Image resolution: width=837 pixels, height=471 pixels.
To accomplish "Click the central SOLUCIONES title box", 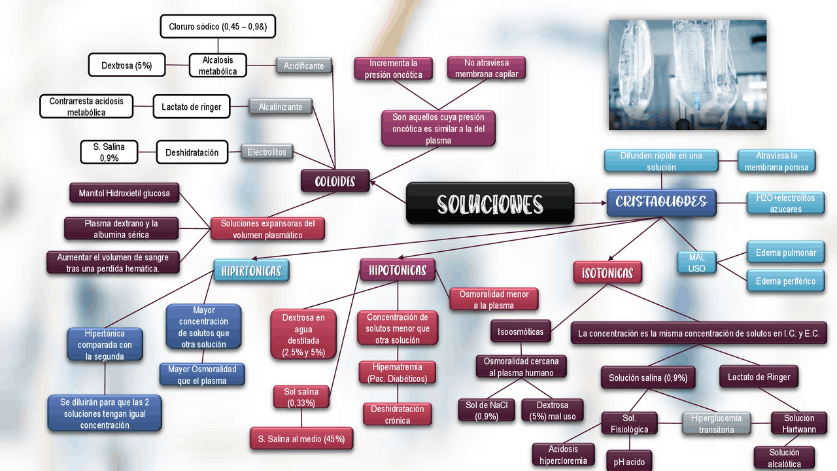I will [x=490, y=203].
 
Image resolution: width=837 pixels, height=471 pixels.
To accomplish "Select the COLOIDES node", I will [x=335, y=181].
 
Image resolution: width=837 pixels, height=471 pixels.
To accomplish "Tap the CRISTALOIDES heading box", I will [x=661, y=202].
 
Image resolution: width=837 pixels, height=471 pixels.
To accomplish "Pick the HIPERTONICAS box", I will [x=251, y=270].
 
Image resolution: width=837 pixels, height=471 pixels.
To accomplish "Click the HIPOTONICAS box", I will [x=398, y=270].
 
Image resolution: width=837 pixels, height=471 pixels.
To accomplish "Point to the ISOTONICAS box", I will [x=607, y=273].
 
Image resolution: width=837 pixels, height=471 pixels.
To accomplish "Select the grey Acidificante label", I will [x=303, y=66].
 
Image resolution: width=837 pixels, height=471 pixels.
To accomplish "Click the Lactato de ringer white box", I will [x=192, y=107].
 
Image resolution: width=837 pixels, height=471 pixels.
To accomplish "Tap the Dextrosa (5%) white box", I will [x=126, y=65].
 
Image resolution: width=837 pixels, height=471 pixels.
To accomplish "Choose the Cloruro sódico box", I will [x=218, y=27].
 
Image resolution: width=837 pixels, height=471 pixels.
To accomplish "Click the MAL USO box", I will [x=696, y=262].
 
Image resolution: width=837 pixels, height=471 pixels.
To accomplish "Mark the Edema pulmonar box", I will [x=785, y=253].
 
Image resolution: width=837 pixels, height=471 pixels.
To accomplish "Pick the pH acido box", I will [x=629, y=461].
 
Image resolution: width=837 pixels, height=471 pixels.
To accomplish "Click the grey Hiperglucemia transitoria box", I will [x=716, y=423].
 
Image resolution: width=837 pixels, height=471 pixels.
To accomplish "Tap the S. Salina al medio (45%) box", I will [x=301, y=439].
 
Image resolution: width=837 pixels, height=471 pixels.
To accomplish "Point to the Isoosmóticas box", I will [x=521, y=332].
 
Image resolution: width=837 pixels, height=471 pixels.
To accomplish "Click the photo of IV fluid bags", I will [x=687, y=75].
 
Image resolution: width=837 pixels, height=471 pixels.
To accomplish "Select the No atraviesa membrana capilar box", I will [x=487, y=68].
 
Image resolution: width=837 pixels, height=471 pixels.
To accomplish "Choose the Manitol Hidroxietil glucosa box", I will [x=124, y=193].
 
